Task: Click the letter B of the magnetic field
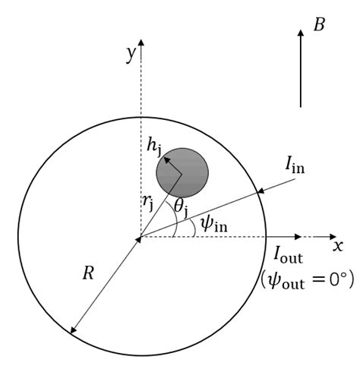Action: pyautogui.click(x=319, y=25)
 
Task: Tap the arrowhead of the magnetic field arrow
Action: pyautogui.click(x=302, y=39)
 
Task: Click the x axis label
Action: pyautogui.click(x=338, y=245)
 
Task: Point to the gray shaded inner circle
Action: pyautogui.click(x=182, y=173)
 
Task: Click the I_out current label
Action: pyautogui.click(x=289, y=255)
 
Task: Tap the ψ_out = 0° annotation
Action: pyautogui.click(x=308, y=278)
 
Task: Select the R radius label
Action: pyautogui.click(x=89, y=273)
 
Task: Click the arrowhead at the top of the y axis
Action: pyautogui.click(x=141, y=42)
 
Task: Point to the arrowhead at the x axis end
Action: pyautogui.click(x=331, y=237)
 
